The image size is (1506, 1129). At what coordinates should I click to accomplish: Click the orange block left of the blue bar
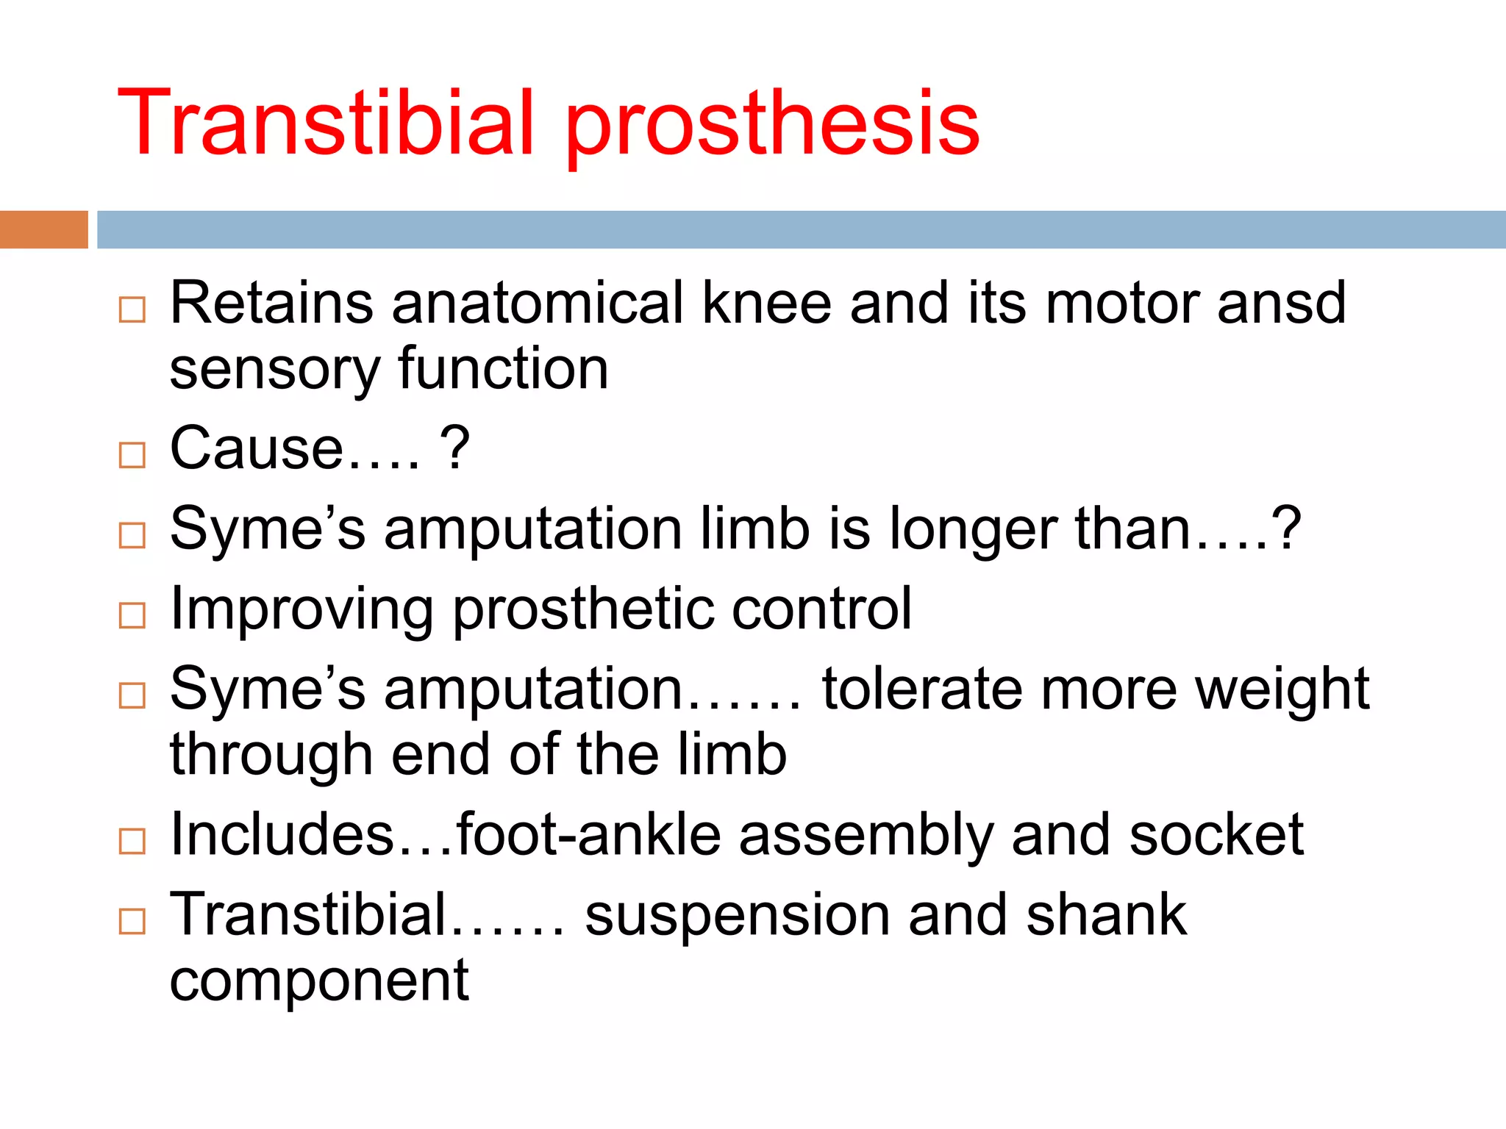[43, 229]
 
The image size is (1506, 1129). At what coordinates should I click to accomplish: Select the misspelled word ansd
[1281, 303]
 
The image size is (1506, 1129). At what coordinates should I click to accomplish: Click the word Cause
[257, 448]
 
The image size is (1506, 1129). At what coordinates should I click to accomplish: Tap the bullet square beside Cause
[132, 456]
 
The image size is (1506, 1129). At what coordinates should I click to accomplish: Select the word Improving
[301, 610]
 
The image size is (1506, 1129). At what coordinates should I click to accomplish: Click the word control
[821, 609]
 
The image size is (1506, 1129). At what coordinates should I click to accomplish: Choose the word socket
[1216, 835]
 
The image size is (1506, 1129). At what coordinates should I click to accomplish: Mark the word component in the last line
[319, 981]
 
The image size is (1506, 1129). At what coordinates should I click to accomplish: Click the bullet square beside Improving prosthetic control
[132, 616]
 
